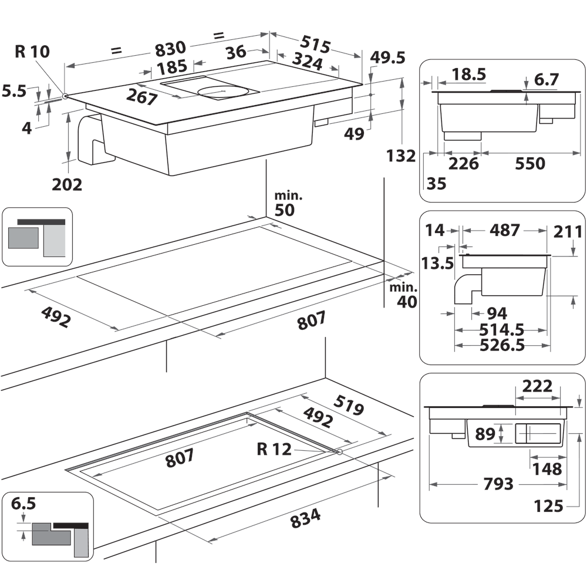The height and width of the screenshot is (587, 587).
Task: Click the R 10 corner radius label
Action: tap(32, 51)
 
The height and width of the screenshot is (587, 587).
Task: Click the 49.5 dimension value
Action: tap(388, 58)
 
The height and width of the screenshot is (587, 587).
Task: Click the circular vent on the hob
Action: tap(221, 91)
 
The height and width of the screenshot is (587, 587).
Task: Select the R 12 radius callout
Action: tap(274, 450)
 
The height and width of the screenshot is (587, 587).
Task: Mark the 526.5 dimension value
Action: tap(502, 345)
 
